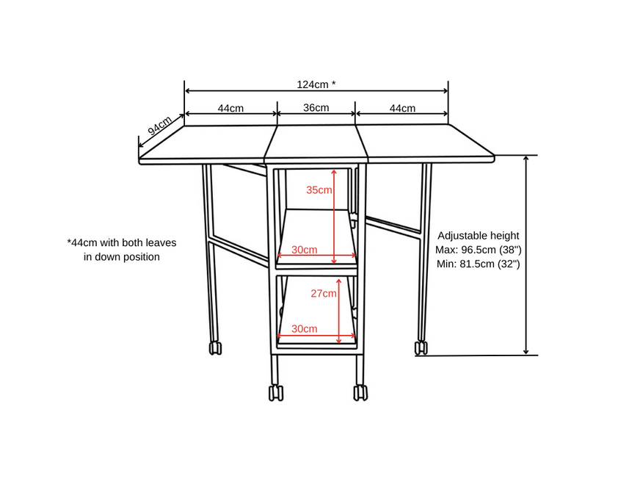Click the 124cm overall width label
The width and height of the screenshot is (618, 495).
pyautogui.click(x=316, y=84)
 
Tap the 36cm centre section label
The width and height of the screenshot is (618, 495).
pyautogui.click(x=316, y=108)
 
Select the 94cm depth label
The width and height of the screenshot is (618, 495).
pyautogui.click(x=159, y=126)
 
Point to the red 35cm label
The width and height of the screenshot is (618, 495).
pyautogui.click(x=319, y=189)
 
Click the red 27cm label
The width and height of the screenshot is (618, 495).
pyautogui.click(x=324, y=294)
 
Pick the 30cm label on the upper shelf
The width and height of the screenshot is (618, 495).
pyautogui.click(x=305, y=250)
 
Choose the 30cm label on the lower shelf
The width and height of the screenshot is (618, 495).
pyautogui.click(x=305, y=328)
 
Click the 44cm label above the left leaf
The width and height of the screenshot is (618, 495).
pyautogui.click(x=230, y=108)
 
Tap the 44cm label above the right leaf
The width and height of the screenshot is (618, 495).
pyautogui.click(x=402, y=108)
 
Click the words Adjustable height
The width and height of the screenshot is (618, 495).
pyautogui.click(x=479, y=236)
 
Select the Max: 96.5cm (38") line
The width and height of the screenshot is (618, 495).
pyautogui.click(x=479, y=250)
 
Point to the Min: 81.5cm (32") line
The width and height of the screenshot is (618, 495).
pyautogui.click(x=479, y=264)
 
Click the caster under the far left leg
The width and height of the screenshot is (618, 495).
pyautogui.click(x=215, y=348)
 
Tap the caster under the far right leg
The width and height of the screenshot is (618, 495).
pyautogui.click(x=421, y=348)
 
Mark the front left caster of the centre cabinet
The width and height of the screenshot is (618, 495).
pyautogui.click(x=276, y=393)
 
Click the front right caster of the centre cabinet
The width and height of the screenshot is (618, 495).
pyautogui.click(x=360, y=393)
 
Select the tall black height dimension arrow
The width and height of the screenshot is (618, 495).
pyautogui.click(x=526, y=255)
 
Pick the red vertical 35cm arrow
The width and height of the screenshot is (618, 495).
pyautogui.click(x=334, y=217)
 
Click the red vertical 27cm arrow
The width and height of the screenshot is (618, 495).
pyautogui.click(x=338, y=311)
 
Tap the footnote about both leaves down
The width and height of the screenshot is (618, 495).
pyautogui.click(x=122, y=250)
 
